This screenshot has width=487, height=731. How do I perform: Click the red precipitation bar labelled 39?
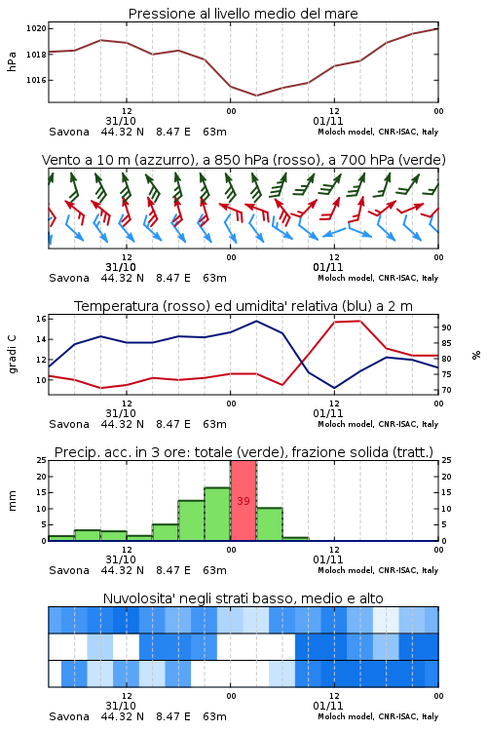tap(243, 501)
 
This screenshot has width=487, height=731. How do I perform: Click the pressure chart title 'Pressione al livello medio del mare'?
tap(243, 14)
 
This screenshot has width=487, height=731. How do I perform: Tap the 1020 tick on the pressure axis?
tap(36, 28)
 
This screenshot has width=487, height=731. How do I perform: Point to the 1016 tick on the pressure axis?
tap(36, 80)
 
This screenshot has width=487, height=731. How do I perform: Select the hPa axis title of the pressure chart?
tap(12, 61)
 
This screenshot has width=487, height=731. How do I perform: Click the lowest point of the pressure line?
tap(256, 96)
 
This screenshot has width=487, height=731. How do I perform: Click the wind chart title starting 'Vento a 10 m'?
tap(243, 160)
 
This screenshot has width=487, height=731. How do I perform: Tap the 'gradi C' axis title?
tap(12, 355)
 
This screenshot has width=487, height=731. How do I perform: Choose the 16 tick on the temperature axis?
tap(41, 319)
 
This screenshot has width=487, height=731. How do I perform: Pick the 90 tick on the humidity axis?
tap(446, 327)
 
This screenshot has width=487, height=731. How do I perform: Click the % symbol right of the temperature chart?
tap(476, 355)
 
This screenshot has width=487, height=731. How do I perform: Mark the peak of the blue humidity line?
tap(256, 321)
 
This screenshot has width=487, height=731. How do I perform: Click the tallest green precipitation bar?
tap(217, 515)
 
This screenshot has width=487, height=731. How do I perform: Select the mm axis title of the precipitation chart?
tap(12, 501)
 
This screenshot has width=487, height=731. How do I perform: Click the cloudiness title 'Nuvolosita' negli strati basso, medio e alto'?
tap(243, 598)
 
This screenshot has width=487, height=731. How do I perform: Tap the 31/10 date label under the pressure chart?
tap(121, 121)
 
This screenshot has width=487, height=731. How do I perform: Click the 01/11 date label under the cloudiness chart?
tap(328, 706)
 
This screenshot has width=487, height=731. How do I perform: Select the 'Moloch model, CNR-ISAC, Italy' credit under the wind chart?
tap(378, 278)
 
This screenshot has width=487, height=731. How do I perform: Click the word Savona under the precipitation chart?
tap(69, 570)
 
